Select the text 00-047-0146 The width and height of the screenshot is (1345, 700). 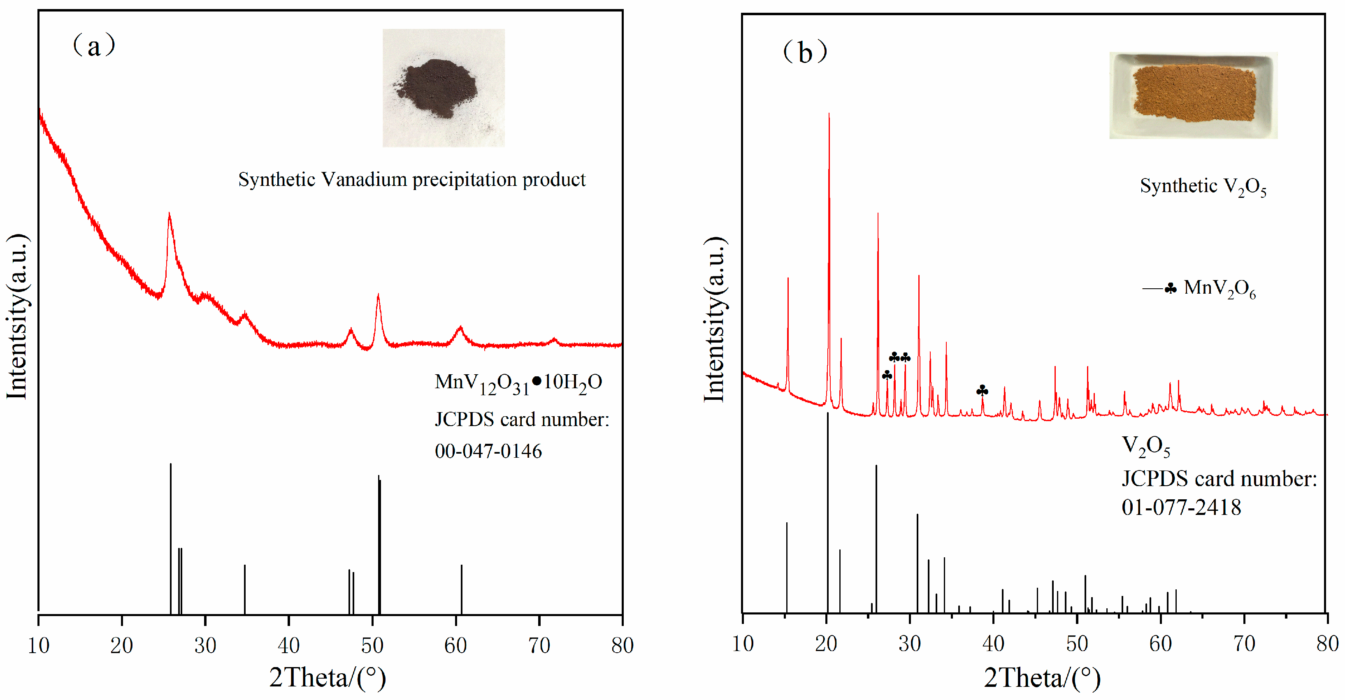coord(488,451)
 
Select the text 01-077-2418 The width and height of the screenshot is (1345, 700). coord(1181,508)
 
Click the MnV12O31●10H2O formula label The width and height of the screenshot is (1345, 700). coord(518,382)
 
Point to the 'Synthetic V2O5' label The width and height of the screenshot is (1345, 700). coord(1203,186)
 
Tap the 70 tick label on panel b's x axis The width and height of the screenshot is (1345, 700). coord(1244,644)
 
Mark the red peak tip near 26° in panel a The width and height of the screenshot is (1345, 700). coord(169,214)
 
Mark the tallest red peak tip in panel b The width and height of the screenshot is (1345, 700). coord(829,114)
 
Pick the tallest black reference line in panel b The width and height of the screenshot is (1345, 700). coord(827,512)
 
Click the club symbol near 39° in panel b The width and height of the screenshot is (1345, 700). coord(982,390)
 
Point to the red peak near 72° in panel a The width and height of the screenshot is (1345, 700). coord(555,341)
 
